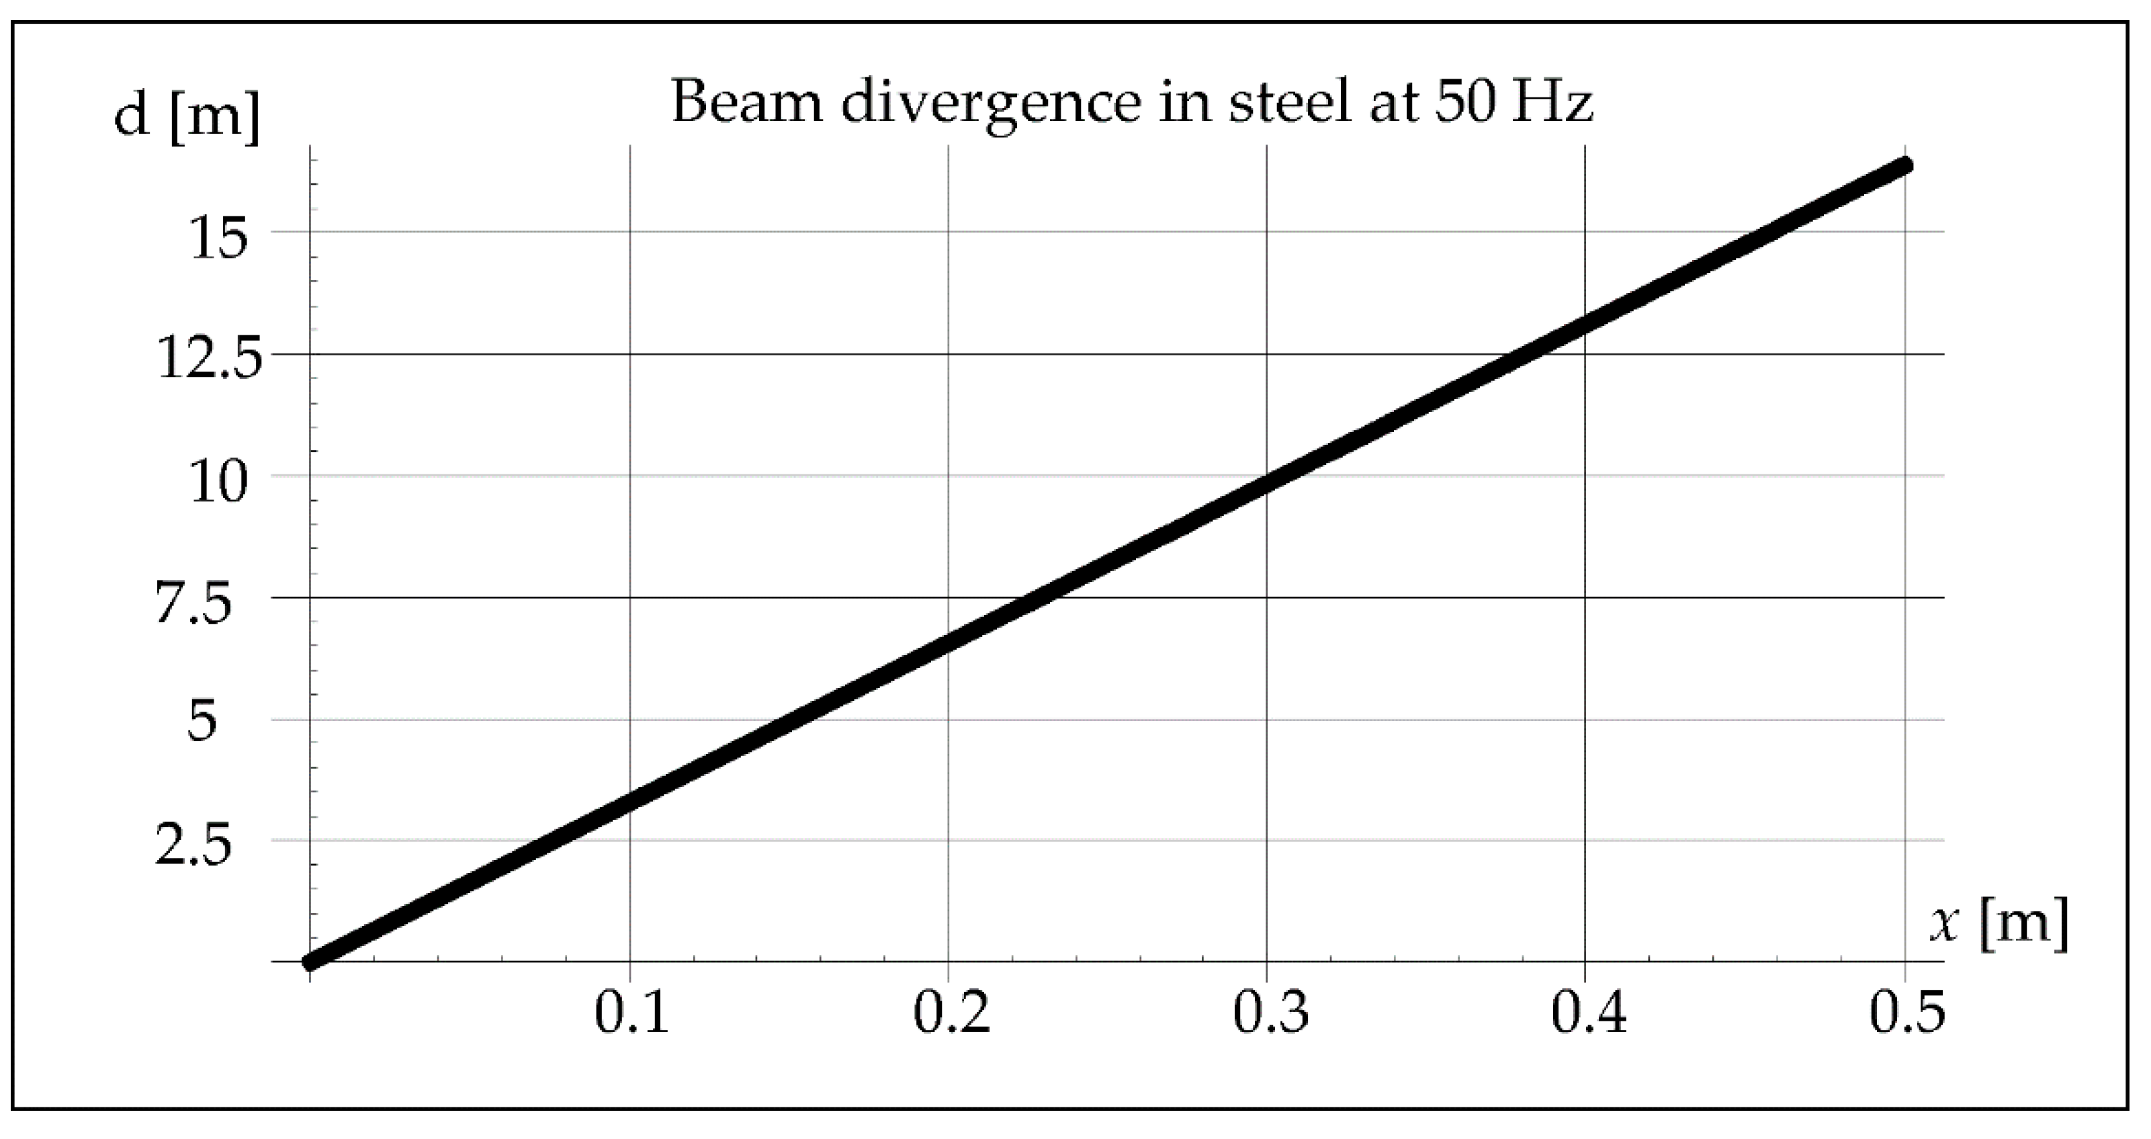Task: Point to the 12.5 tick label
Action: click(210, 360)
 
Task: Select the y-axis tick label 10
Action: click(220, 482)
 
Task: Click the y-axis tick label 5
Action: click(202, 722)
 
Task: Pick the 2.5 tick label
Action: click(193, 846)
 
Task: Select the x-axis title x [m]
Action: click(1999, 925)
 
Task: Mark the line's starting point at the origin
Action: click(310, 962)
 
